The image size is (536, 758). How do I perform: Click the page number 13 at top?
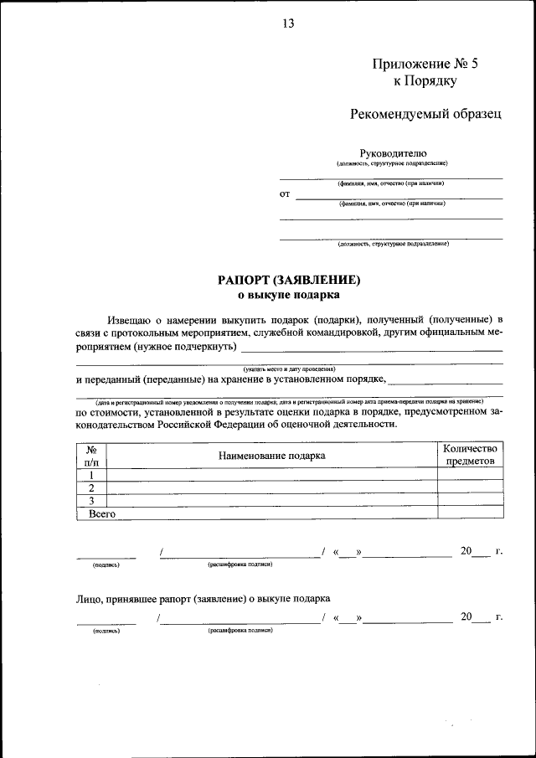288,23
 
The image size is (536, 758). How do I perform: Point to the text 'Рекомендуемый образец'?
425,114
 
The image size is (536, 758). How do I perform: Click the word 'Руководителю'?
393,152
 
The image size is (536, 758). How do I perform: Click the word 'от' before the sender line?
285,194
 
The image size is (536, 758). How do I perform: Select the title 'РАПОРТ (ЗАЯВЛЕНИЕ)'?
289,281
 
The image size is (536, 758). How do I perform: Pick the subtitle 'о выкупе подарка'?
289,295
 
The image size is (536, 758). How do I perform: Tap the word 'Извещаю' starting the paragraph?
130,320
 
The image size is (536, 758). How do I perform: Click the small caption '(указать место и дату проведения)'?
289,369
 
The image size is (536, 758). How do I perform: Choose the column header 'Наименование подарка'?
271,455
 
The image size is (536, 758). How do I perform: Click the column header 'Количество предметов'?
470,455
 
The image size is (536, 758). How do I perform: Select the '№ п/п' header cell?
91,455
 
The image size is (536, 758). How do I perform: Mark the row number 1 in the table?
91,474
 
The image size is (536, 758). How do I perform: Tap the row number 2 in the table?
91,487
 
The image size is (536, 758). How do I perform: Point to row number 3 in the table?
91,500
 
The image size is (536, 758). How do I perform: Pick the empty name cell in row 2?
271,487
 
